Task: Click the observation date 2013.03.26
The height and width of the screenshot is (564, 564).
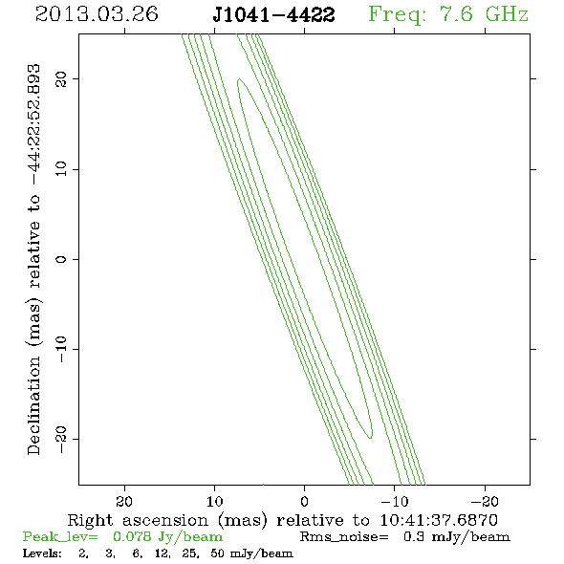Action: [97, 14]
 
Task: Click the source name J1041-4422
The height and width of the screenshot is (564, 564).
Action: [273, 15]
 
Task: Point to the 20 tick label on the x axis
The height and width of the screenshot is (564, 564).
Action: [124, 501]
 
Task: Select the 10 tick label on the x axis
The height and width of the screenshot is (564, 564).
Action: [215, 501]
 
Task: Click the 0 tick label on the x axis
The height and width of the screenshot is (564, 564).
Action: [304, 501]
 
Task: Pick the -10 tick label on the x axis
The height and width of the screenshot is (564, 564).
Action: [395, 501]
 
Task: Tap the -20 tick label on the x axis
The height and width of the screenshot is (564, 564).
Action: [485, 501]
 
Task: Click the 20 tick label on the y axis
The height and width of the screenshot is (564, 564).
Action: [61, 78]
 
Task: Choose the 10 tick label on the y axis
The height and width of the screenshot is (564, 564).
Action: [61, 168]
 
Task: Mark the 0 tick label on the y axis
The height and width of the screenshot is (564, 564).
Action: [61, 259]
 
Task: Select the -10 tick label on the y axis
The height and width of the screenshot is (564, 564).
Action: [61, 349]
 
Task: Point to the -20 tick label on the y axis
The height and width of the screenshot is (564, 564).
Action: [61, 439]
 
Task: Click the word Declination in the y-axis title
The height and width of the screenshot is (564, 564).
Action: [33, 405]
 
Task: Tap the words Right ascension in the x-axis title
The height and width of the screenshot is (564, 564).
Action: [138, 520]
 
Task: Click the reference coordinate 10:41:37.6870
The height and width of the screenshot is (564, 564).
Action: [439, 520]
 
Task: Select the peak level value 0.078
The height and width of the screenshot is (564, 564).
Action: [132, 536]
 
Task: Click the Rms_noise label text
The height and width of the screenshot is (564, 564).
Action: [344, 537]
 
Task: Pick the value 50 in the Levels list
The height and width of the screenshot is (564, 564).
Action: [218, 553]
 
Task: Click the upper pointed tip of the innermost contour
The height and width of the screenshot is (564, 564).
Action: [238, 79]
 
